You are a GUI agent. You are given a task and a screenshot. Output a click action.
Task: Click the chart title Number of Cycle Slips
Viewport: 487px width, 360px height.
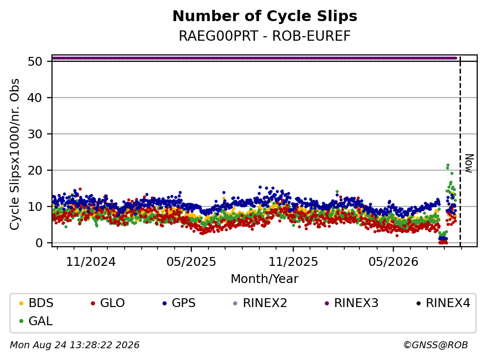[265, 16]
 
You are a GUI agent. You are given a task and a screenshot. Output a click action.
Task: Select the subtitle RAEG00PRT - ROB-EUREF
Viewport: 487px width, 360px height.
[265, 36]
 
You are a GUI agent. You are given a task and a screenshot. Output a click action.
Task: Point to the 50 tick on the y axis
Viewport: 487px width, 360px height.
[35, 61]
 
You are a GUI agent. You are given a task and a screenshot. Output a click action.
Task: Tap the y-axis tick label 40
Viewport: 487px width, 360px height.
[35, 98]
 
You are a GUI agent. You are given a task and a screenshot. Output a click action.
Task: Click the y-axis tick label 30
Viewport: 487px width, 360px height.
[35, 134]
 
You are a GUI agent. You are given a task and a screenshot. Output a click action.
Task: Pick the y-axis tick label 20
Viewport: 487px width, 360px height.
[35, 170]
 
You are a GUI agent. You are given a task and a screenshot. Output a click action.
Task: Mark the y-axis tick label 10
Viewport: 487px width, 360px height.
[35, 206]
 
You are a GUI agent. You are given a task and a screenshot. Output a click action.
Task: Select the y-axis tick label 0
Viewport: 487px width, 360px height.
[39, 243]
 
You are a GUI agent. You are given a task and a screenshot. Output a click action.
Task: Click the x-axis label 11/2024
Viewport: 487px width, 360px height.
[91, 262]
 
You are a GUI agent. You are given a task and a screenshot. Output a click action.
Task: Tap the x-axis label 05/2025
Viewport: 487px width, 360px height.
[191, 262]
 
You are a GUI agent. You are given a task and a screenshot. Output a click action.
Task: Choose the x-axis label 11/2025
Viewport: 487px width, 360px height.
[293, 262]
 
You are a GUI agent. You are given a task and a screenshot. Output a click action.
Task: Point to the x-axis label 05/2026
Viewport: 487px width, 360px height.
[393, 262]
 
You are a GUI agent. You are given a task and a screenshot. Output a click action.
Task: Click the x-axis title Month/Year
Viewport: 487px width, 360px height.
[265, 279]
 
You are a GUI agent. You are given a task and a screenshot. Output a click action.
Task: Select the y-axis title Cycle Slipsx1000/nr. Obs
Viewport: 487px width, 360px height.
[14, 154]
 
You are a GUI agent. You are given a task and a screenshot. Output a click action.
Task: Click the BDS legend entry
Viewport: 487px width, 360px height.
[36, 303]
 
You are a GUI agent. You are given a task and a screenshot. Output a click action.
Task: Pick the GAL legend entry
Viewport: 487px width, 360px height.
[36, 321]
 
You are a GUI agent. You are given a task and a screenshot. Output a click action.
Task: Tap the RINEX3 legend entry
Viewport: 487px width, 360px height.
[352, 303]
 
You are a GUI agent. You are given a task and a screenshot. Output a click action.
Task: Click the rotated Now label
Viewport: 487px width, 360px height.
[469, 163]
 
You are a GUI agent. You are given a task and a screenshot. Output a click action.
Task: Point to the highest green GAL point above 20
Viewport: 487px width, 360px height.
[448, 165]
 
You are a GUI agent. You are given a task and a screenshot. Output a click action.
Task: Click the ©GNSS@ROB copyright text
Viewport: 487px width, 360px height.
[436, 345]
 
